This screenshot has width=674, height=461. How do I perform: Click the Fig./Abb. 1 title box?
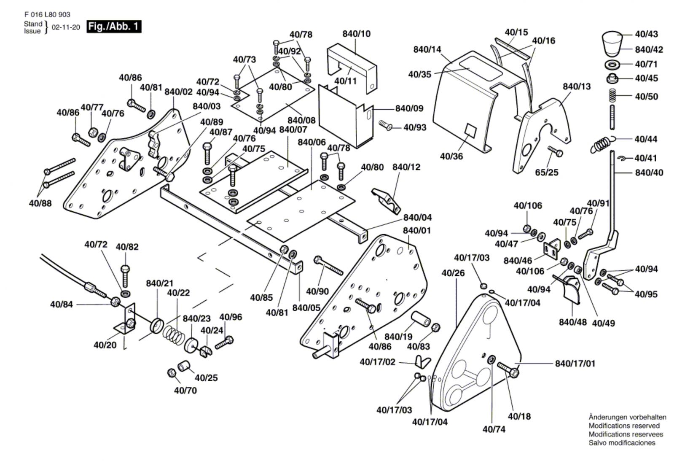pyautogui.click(x=113, y=27)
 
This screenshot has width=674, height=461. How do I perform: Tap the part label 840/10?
pyautogui.click(x=356, y=34)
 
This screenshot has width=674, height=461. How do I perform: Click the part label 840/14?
pyautogui.click(x=427, y=49)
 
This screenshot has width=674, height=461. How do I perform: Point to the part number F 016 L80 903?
pyautogui.click(x=47, y=14)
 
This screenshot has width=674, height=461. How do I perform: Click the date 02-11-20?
pyautogui.click(x=66, y=27)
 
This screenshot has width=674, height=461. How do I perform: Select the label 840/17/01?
pyautogui.click(x=575, y=364)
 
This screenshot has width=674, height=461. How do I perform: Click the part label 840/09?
pyautogui.click(x=409, y=108)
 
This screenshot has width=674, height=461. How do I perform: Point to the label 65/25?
pyautogui.click(x=547, y=173)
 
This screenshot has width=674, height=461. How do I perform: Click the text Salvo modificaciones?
pyautogui.click(x=622, y=443)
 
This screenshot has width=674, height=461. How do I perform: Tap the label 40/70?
pyautogui.click(x=185, y=391)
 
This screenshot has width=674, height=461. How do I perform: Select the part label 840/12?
pyautogui.click(x=406, y=167)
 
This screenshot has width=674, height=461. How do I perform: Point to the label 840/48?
pyautogui.click(x=572, y=323)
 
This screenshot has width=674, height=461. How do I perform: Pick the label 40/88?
pyautogui.click(x=40, y=203)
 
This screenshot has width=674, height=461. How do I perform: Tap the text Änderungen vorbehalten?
pyautogui.click(x=627, y=417)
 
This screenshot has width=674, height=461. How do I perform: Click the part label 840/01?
pyautogui.click(x=417, y=231)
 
